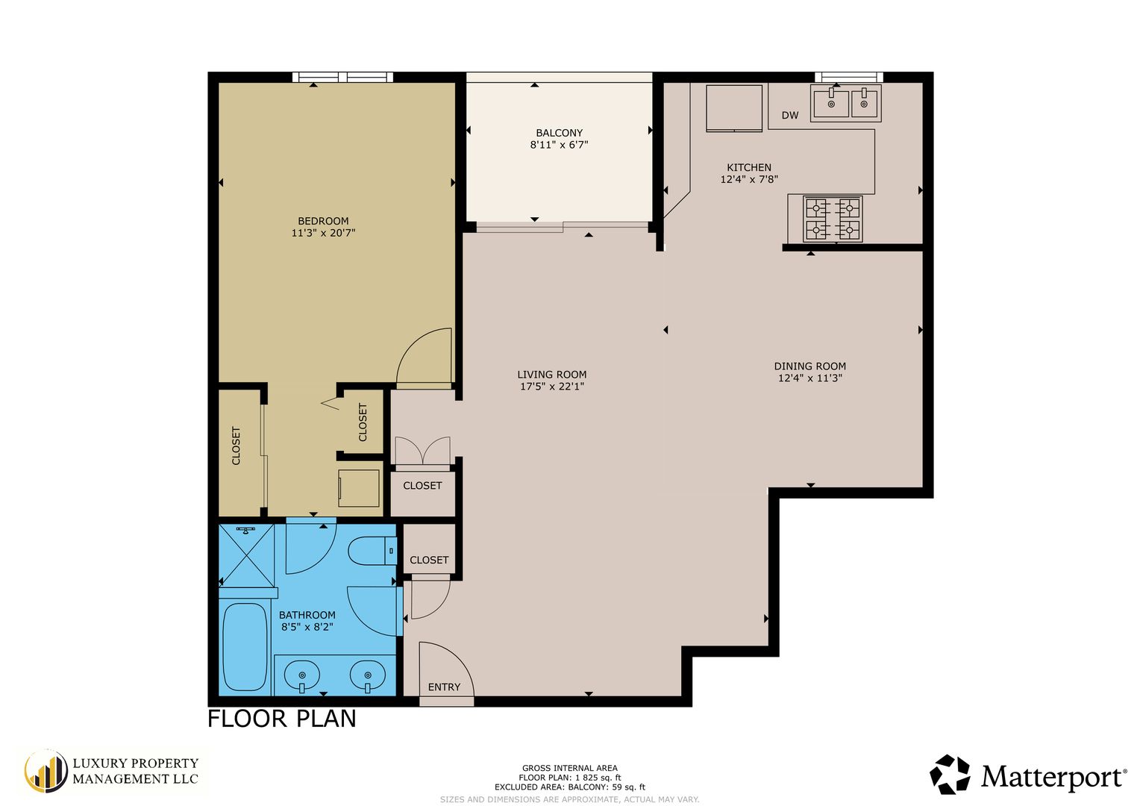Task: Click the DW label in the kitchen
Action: click(790, 116)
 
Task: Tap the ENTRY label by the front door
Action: click(444, 687)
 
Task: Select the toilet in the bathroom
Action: click(372, 551)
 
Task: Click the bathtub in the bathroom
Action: click(245, 646)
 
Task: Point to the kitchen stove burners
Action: click(833, 219)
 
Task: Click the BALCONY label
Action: click(559, 133)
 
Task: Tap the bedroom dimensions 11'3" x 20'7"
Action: click(323, 233)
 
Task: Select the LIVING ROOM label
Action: click(551, 375)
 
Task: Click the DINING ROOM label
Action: click(809, 366)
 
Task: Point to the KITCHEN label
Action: click(748, 167)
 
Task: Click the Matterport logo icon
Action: click(950, 775)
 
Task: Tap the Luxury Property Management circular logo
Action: click(46, 772)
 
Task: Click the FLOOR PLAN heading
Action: click(282, 719)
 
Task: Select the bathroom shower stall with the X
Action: click(246, 555)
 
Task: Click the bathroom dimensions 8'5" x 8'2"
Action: click(307, 628)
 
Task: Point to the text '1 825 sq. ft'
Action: click(598, 778)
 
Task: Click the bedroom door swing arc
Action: click(413, 346)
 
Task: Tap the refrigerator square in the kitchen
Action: click(734, 108)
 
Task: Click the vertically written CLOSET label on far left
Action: click(236, 446)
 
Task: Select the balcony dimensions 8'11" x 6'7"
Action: click(559, 145)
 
